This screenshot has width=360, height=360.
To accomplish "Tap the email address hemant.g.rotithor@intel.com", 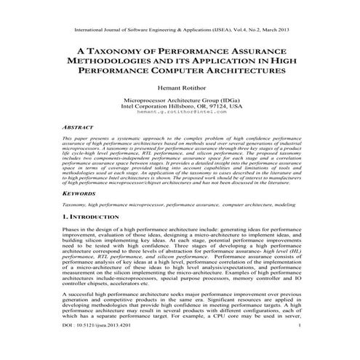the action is pyautogui.click(x=180, y=113).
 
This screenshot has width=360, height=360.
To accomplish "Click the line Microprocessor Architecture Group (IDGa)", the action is pyautogui.click(x=180, y=100).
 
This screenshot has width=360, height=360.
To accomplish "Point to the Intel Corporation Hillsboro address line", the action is pyautogui.click(x=180, y=106).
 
